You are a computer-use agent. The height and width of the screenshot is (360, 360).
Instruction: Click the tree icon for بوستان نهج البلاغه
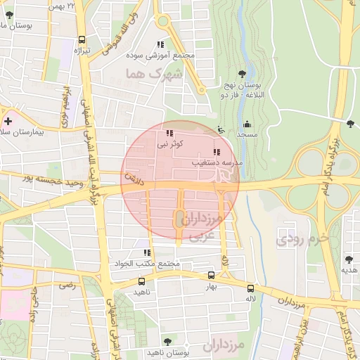[243, 73]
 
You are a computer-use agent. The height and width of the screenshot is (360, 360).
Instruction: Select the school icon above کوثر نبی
[169, 133]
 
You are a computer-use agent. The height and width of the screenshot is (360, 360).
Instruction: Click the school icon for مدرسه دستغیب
[216, 152]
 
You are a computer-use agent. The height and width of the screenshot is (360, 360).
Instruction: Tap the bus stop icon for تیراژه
[82, 40]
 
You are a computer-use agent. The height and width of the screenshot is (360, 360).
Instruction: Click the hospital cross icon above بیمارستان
[8, 122]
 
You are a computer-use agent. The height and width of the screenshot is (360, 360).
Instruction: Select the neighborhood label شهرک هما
[154, 73]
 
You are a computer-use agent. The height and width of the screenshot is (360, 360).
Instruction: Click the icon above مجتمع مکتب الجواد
[147, 252]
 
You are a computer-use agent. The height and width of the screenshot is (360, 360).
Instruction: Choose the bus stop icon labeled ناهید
[142, 280]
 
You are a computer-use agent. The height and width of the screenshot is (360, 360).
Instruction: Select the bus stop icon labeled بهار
[212, 275]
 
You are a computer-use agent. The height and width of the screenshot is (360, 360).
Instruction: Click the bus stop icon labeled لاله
[251, 288]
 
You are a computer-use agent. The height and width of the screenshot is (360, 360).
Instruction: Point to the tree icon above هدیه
[349, 259]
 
